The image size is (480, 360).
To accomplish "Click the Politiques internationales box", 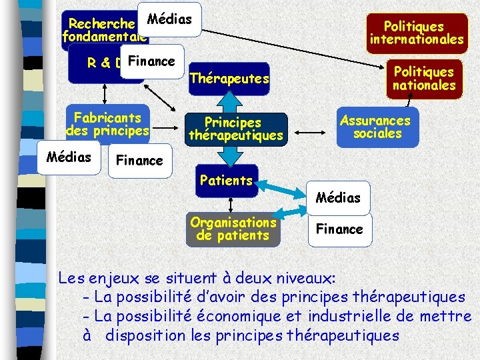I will [417, 33].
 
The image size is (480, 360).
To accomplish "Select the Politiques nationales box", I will [423, 79].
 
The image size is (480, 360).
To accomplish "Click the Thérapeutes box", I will [229, 79].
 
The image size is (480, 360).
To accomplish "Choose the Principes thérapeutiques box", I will [235, 129].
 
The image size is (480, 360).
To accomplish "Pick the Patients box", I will [227, 181].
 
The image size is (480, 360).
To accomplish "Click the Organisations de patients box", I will [233, 229].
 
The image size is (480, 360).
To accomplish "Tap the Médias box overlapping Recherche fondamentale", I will [169, 20].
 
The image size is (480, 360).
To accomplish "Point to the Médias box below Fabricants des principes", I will [69, 157].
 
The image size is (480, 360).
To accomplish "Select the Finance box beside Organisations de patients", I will [339, 229].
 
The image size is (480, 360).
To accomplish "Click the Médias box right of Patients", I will [338, 197].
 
